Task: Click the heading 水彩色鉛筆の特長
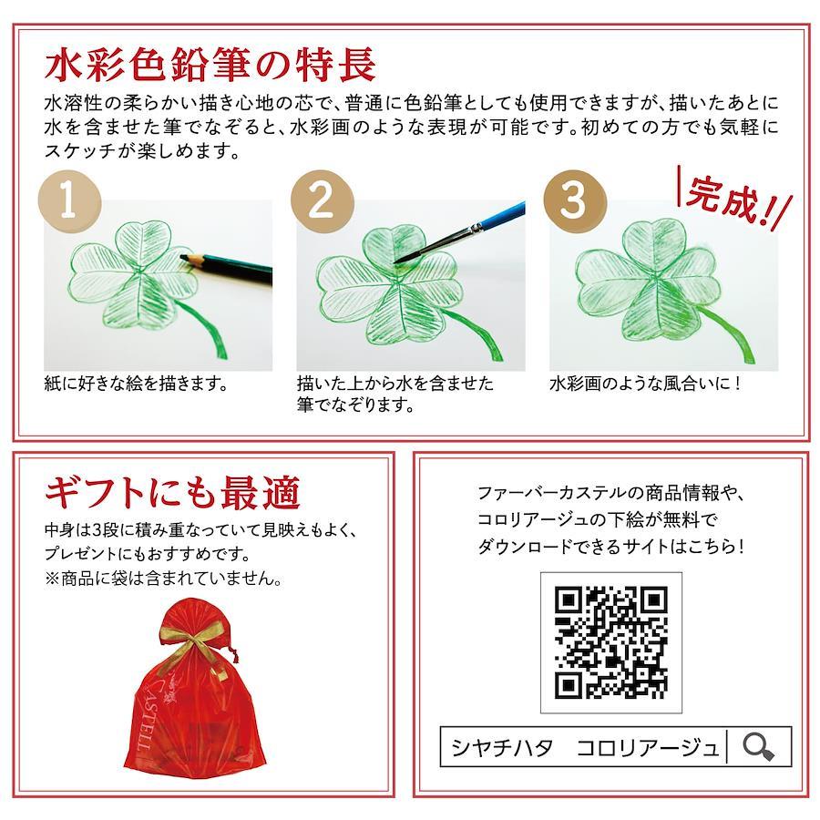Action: pyautogui.click(x=210, y=66)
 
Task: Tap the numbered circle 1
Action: pyautogui.click(x=69, y=200)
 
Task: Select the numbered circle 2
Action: pyautogui.click(x=323, y=200)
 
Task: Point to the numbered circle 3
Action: pyautogui.click(x=575, y=200)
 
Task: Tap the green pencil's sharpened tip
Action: pyautogui.click(x=182, y=256)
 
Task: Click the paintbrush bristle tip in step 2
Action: pyautogui.click(x=396, y=260)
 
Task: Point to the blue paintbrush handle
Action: pyautogui.click(x=502, y=215)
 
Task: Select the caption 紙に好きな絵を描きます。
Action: pyautogui.click(x=137, y=384)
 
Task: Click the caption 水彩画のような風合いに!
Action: pyautogui.click(x=645, y=384)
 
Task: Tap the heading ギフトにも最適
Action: pyautogui.click(x=172, y=493)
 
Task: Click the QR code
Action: pyautogui.click(x=610, y=642)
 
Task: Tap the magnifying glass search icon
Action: pyautogui.click(x=758, y=746)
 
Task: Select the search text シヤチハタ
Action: pyautogui.click(x=502, y=747)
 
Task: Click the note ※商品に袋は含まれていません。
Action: pyautogui.click(x=164, y=579)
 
